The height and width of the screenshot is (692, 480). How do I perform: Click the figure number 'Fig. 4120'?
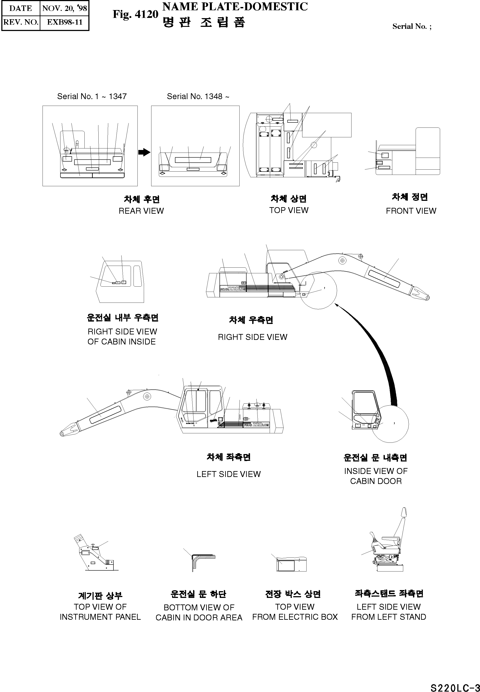pos(135,14)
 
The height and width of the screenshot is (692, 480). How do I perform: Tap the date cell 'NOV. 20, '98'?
pos(64,8)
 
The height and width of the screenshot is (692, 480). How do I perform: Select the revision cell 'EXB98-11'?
pos(64,22)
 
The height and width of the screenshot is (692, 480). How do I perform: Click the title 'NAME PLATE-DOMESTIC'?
pos(235,7)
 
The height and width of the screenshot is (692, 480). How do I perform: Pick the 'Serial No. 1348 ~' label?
pos(198,96)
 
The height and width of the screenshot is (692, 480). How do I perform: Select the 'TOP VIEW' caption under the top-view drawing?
pos(289,210)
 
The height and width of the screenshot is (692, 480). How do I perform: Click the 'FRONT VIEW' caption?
pos(411,211)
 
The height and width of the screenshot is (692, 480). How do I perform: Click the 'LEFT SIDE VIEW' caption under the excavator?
pos(229,474)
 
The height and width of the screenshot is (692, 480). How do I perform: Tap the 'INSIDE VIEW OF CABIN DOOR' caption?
pos(376,476)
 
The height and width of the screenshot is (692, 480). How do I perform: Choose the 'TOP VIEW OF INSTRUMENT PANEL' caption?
pos(100,612)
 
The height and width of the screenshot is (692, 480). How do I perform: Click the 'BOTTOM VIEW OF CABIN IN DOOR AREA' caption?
pos(199,612)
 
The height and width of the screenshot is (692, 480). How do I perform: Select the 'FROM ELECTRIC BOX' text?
pos(295,617)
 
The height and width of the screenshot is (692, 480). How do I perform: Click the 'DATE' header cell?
pos(21,8)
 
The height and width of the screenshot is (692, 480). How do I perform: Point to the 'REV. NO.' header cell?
pos(21,22)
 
